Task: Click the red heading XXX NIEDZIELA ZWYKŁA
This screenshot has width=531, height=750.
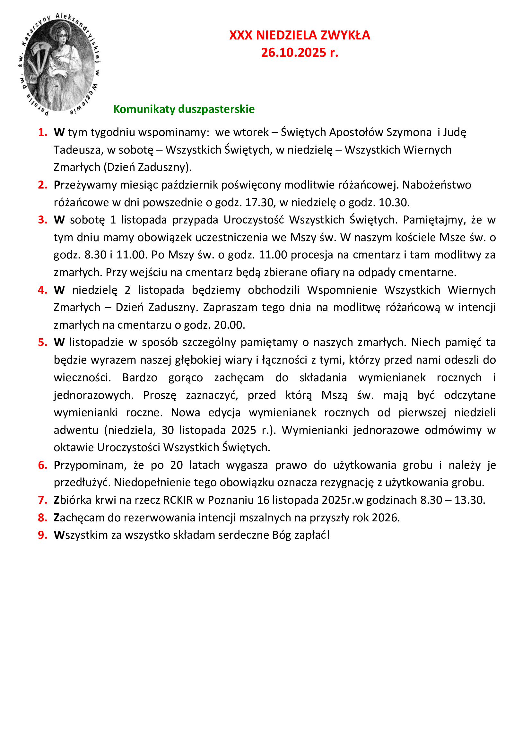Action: pyautogui.click(x=299, y=35)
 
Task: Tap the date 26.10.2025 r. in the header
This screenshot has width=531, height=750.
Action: pyautogui.click(x=299, y=53)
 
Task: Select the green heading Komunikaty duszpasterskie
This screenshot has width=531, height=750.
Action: pyautogui.click(x=184, y=109)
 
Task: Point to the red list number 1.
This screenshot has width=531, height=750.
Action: pyautogui.click(x=42, y=132)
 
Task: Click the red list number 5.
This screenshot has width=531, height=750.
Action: pyautogui.click(x=42, y=342)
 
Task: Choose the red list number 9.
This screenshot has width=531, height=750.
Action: pyautogui.click(x=42, y=535)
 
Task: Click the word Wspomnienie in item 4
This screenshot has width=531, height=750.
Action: pyautogui.click(x=342, y=290)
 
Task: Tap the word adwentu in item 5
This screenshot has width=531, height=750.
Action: pyautogui.click(x=76, y=430)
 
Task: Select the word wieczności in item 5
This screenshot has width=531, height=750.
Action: pyautogui.click(x=82, y=378)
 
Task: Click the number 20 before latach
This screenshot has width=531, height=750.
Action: pyautogui.click(x=177, y=465)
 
